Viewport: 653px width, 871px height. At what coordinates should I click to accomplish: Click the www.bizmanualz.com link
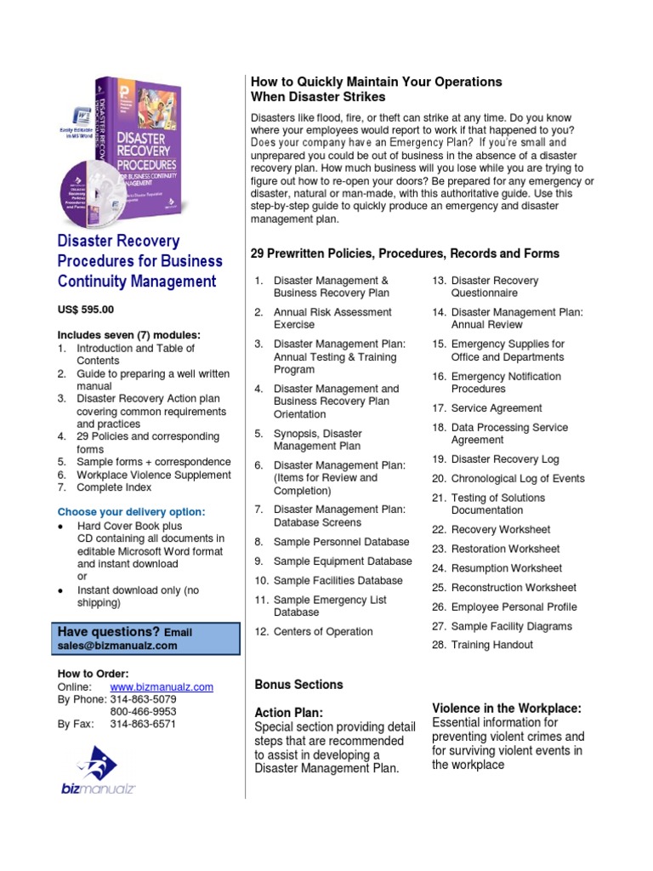162,687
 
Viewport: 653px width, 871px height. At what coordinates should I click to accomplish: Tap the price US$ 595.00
85,310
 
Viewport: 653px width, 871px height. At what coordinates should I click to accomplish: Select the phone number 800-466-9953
143,712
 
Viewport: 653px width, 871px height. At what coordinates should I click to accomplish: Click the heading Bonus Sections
298,685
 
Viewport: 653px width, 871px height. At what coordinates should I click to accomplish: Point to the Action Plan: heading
288,712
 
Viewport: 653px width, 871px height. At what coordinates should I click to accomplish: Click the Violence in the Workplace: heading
507,708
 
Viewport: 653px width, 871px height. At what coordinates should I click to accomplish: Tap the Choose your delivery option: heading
131,512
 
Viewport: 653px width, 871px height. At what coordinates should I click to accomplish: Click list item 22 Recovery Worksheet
500,530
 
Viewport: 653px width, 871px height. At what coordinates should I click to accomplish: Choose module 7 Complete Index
114,488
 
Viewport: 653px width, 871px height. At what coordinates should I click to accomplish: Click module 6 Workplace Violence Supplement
153,475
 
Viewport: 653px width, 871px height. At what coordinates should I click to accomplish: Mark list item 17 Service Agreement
497,408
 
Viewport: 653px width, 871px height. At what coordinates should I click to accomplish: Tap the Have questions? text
109,632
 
